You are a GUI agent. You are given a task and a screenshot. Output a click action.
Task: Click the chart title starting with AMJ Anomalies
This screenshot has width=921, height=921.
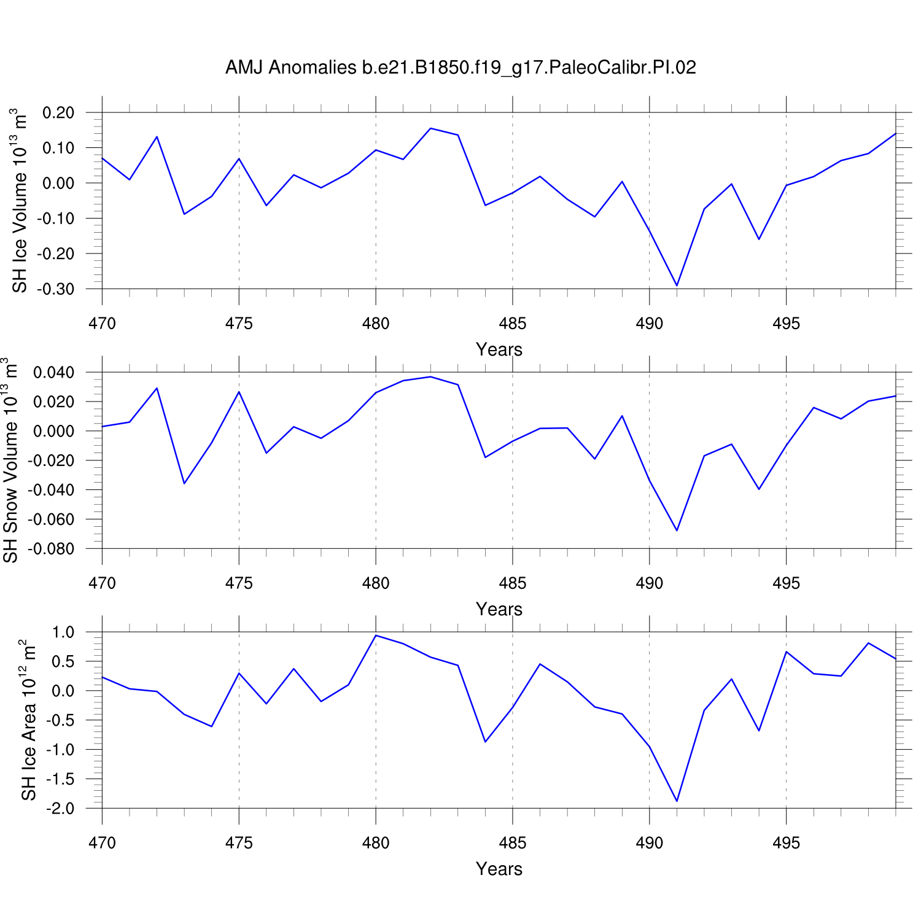click(x=460, y=67)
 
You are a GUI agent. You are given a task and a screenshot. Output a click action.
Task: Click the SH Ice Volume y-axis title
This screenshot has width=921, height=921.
click(x=20, y=201)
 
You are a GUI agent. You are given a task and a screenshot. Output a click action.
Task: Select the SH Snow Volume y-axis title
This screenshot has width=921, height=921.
click(x=11, y=460)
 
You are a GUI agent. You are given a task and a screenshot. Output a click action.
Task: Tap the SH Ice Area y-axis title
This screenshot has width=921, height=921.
click(x=28, y=720)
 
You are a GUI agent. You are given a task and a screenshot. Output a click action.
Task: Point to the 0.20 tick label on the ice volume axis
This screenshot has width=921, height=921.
click(x=58, y=113)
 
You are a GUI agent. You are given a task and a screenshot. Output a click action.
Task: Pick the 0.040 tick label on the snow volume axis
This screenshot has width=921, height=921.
click(x=53, y=373)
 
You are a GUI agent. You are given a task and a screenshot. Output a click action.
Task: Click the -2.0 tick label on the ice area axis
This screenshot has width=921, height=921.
click(x=60, y=809)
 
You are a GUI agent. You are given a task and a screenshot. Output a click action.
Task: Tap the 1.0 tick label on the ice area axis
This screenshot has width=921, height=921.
click(x=63, y=632)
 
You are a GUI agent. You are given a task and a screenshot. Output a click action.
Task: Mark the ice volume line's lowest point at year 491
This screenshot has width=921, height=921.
click(x=677, y=286)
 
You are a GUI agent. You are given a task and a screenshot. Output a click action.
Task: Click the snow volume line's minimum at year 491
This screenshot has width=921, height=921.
click(x=677, y=530)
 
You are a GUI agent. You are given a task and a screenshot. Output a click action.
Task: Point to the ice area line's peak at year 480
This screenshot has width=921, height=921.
click(x=376, y=635)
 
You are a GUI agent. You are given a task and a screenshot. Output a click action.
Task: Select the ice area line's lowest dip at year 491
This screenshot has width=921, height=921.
click(x=677, y=801)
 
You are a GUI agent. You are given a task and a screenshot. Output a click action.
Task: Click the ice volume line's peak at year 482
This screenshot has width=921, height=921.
click(x=430, y=128)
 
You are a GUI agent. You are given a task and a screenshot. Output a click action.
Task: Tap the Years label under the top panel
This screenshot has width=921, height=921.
click(x=499, y=349)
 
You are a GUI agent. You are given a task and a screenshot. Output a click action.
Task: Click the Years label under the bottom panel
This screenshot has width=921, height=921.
click(x=499, y=869)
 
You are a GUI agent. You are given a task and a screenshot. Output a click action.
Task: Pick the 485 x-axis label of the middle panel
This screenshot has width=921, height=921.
click(x=512, y=583)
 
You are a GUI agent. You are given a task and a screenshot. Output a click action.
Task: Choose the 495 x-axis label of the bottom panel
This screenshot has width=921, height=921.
click(x=786, y=843)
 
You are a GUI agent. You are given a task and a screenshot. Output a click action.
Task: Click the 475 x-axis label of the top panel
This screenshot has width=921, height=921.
click(x=239, y=324)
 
